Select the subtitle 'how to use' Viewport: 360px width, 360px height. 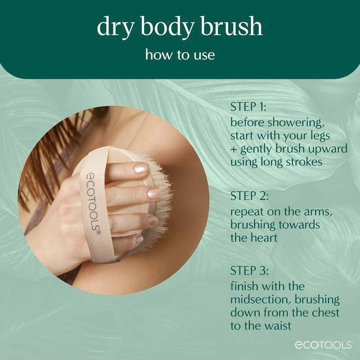pos(180,55)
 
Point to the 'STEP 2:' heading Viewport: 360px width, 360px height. pos(250,196)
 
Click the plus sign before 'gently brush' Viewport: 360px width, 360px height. pos(234,149)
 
